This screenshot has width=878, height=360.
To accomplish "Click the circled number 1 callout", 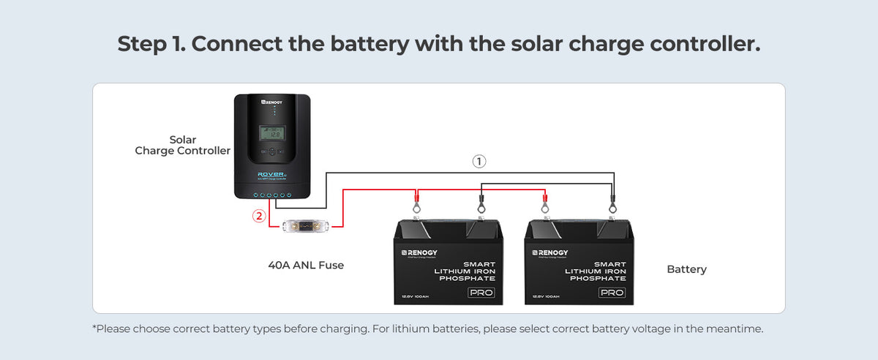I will (x=479, y=161).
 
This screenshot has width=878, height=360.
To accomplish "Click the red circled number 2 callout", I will (x=258, y=216).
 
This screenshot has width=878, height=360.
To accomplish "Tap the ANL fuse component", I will (x=306, y=227).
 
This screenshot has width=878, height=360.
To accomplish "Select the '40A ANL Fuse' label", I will (x=306, y=266).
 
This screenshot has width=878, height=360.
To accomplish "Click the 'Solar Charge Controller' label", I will (x=183, y=145).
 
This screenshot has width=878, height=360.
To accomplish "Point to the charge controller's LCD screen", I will (x=273, y=134).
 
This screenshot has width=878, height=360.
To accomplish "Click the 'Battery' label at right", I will (x=686, y=269).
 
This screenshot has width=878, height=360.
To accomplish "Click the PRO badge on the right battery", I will (x=611, y=293).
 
